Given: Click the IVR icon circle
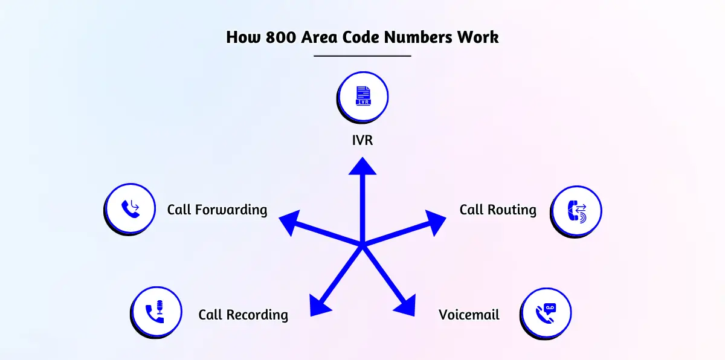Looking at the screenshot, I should point(363,97).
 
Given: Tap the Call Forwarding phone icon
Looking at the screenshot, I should point(130,208).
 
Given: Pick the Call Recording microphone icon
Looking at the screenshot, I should point(155,312).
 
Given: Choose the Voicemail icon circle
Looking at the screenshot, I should point(546,312).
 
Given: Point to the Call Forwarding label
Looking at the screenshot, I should point(217,210).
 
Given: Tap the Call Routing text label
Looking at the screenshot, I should point(498,210).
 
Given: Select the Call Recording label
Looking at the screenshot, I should point(243,315).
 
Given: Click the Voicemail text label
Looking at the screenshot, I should point(469,315).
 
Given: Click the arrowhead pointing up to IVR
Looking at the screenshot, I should point(362,166).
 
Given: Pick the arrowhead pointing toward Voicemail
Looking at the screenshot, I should point(405,304).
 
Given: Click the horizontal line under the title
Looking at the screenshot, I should point(362,56).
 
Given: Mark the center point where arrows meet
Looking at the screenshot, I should point(362,245).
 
